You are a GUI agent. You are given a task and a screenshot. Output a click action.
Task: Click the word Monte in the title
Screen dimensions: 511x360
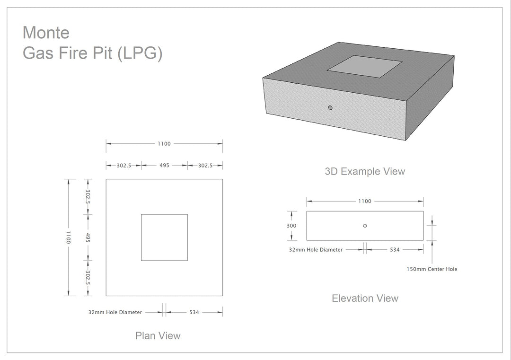click(46, 33)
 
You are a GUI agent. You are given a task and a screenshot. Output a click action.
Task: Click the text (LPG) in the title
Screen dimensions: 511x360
click(140, 53)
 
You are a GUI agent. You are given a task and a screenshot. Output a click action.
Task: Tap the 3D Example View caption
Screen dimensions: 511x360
click(365, 171)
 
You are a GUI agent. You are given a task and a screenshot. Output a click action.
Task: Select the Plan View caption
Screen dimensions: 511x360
click(158, 335)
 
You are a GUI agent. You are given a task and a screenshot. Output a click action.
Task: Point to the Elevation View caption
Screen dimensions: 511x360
click(365, 298)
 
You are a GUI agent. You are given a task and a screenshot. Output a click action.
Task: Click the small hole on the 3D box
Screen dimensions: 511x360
click(330, 107)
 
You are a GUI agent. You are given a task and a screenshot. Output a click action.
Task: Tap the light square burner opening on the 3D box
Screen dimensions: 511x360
click(364, 66)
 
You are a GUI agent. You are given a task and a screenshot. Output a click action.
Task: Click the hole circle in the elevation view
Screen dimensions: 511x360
click(365, 226)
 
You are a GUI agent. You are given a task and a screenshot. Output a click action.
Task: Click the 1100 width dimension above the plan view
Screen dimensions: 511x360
click(164, 144)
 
